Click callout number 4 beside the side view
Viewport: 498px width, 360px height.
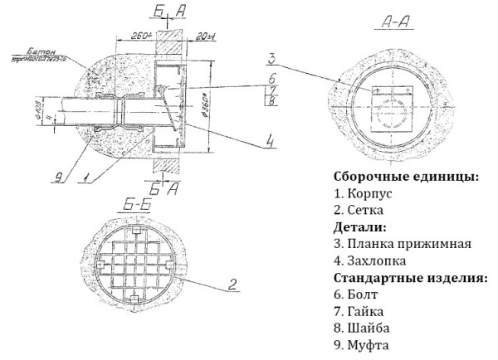point(271,142)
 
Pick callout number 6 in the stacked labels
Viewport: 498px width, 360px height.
point(271,79)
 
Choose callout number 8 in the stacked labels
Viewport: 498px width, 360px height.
point(271,101)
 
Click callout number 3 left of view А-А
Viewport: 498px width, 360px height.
point(271,59)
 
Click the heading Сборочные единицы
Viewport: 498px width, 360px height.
point(405,178)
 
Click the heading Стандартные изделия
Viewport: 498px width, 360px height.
point(410,278)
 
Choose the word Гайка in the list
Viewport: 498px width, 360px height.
point(367,312)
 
